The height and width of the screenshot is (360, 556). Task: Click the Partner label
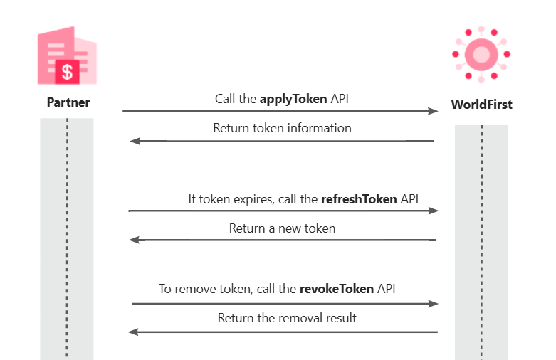tap(68, 102)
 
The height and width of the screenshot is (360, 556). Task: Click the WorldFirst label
tap(481, 105)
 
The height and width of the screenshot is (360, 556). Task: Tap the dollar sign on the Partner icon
tap(68, 71)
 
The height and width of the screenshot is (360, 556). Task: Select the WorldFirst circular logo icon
tap(481, 53)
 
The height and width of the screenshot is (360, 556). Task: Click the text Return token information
tap(282, 128)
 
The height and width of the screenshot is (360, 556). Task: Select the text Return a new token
tap(282, 228)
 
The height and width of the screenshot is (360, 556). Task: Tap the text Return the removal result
tap(287, 318)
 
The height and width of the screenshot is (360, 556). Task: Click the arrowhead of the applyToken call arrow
tap(433, 111)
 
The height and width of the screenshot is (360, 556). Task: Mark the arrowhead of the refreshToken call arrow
tap(433, 211)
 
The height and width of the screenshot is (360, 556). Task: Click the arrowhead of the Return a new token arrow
tap(134, 240)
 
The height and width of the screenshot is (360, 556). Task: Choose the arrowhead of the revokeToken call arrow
tap(433, 304)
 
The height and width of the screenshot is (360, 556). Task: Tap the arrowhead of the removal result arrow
tap(132, 332)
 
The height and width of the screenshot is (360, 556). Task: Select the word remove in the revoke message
tap(194, 290)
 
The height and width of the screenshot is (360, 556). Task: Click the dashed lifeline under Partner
tap(67, 235)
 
